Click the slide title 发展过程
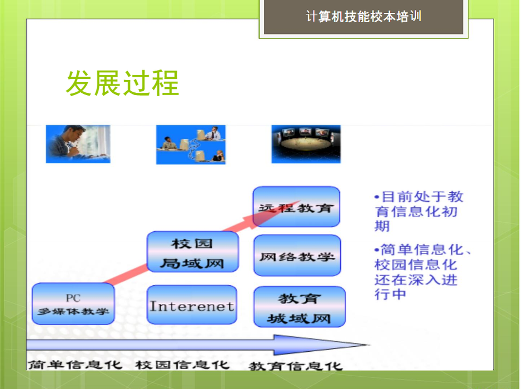click(x=122, y=83)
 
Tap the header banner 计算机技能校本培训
click(x=363, y=17)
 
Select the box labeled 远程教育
click(x=296, y=207)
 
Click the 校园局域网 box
click(x=193, y=252)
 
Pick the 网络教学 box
click(x=297, y=255)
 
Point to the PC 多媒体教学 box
click(x=73, y=304)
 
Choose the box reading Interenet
click(x=192, y=305)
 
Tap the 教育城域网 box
click(x=300, y=307)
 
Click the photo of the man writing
click(x=78, y=144)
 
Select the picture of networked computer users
click(x=191, y=145)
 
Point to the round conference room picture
click(x=306, y=144)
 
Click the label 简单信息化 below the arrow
click(x=75, y=365)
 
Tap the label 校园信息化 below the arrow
click(x=182, y=365)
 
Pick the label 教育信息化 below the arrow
click(x=296, y=366)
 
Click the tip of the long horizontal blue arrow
click(x=370, y=345)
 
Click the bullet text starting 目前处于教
click(x=419, y=211)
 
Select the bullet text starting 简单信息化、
click(x=422, y=272)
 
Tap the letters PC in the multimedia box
click(x=73, y=298)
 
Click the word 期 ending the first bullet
click(x=382, y=226)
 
